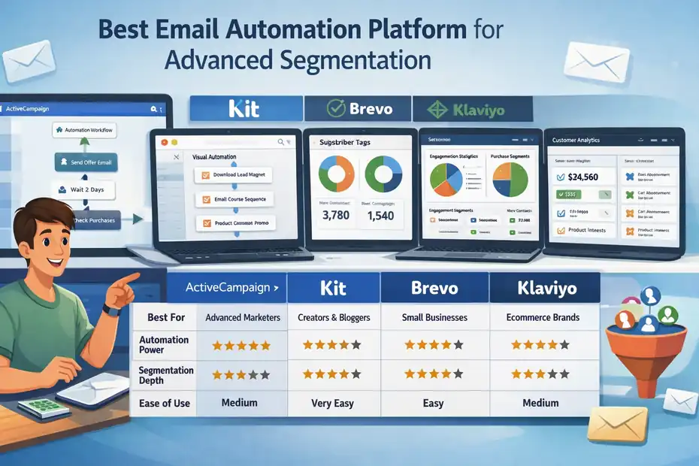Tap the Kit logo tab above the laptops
point(244,108)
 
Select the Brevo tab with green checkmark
point(359,109)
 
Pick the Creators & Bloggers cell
point(334,317)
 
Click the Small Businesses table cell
point(434,317)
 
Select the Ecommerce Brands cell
point(543,317)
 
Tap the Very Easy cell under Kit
point(333,404)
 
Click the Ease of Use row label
point(165,404)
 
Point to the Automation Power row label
point(165,345)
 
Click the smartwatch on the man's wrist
point(110,309)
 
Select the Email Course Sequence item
point(234,200)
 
